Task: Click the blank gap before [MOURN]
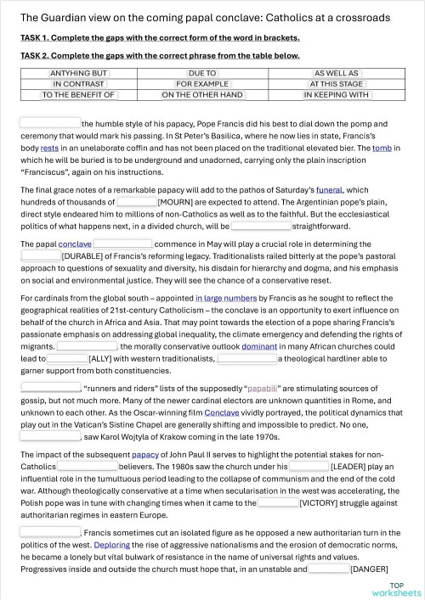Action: tap(137, 203)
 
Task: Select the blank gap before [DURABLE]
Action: tap(40, 255)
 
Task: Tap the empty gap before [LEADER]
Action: tap(309, 466)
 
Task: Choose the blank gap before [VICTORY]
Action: tap(278, 502)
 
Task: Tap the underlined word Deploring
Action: tap(112, 545)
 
